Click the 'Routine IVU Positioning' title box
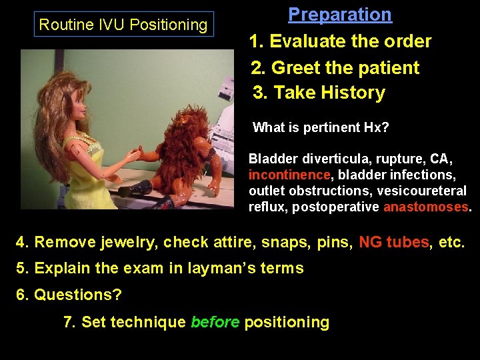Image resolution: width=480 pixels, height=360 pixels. [x=123, y=25]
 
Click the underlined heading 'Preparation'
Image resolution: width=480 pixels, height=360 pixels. [x=340, y=15]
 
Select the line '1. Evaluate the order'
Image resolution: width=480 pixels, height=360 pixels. [x=340, y=41]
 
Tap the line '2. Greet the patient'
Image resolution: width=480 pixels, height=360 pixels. [x=335, y=67]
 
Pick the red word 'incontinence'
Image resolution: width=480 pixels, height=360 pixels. [x=289, y=175]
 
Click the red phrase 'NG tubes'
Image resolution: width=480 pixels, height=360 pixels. [x=393, y=242]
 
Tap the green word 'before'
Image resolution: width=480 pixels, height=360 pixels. [x=215, y=323]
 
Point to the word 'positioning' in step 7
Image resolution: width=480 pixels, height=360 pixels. [x=287, y=323]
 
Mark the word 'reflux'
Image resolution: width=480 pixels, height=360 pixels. [x=264, y=207]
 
